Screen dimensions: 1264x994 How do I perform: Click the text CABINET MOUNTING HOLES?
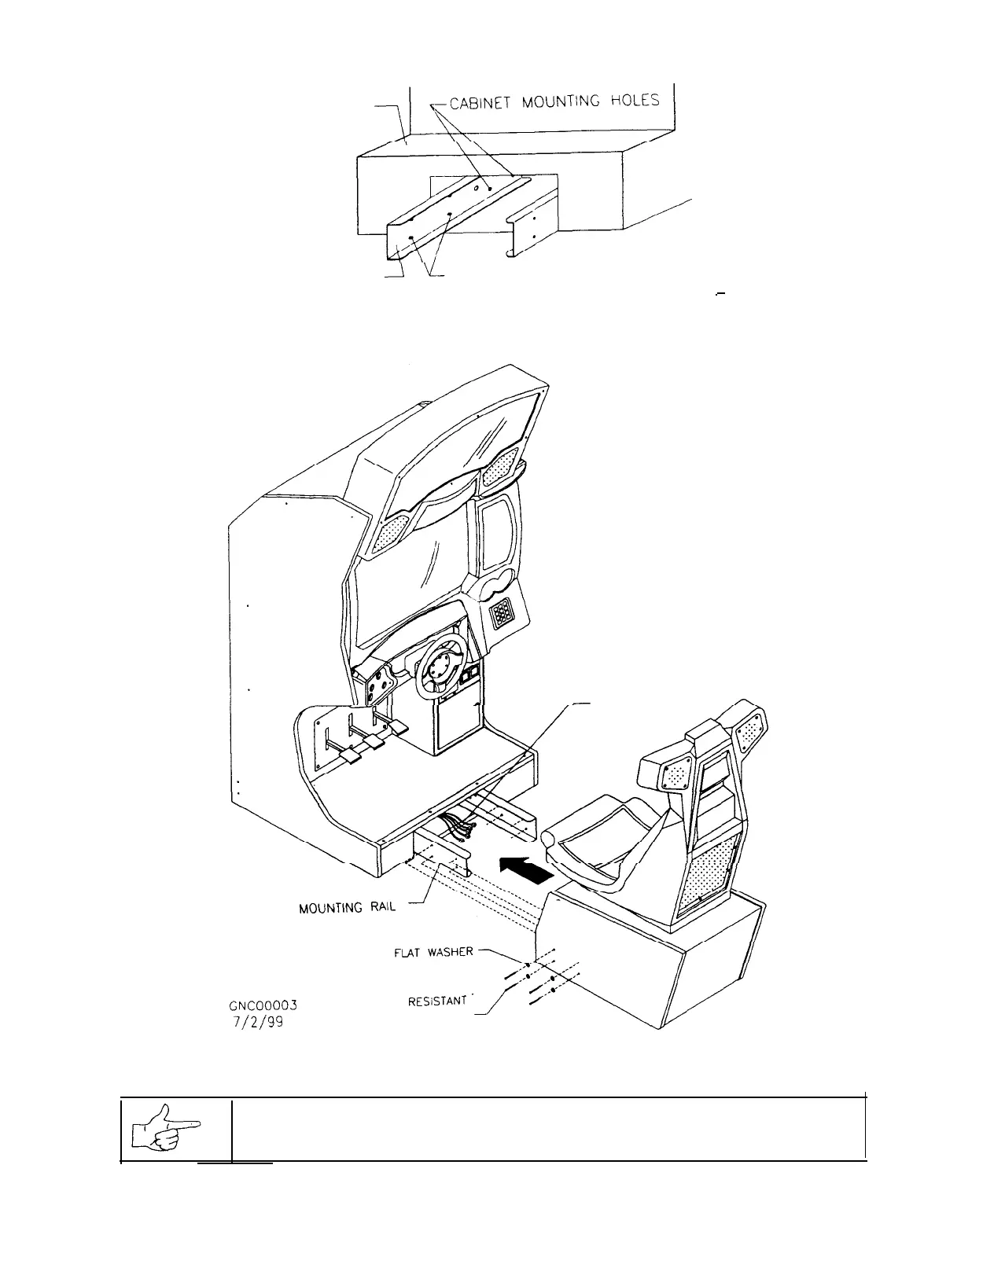click(554, 102)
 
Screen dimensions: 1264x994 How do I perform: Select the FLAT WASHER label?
click(433, 952)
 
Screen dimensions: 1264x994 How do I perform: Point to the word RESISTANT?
click(439, 1001)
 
